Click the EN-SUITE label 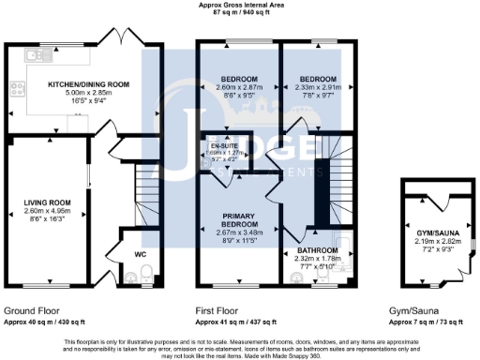(x=224, y=146)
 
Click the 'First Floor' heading (x=217, y=310)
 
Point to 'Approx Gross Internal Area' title (x=240, y=6)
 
